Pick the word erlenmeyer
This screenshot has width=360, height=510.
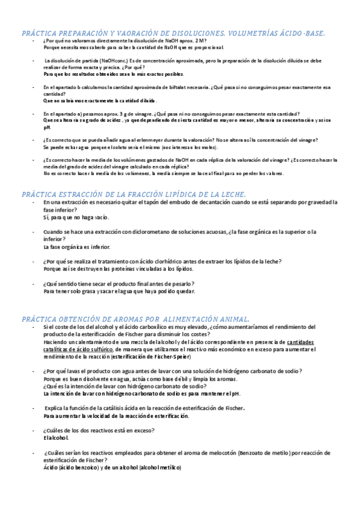pyautogui.click(x=144, y=140)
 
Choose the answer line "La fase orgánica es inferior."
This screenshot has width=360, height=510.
pyautogui.click(x=77, y=247)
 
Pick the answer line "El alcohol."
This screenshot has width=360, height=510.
pyautogui.click(x=56, y=437)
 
